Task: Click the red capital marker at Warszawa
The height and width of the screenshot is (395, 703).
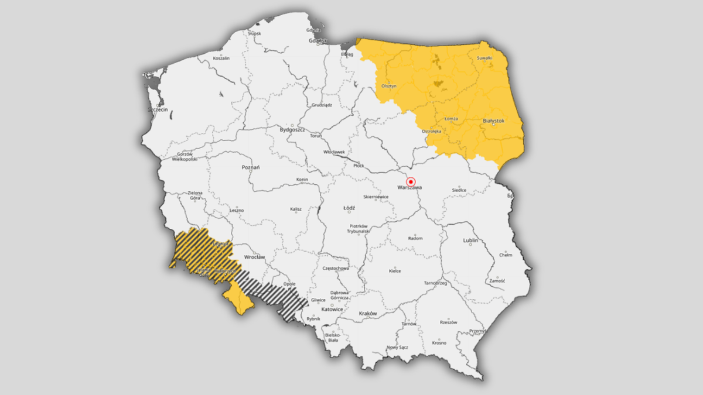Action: pos(411,181)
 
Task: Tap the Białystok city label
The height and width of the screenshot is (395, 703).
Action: pos(493,121)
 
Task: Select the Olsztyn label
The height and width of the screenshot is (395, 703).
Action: pos(389,85)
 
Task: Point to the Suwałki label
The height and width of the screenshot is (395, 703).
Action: pos(484,58)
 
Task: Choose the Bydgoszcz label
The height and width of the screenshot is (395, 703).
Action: pos(292,129)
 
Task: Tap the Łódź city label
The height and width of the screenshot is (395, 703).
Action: pos(349,208)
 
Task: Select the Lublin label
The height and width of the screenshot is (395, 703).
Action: pos(470,241)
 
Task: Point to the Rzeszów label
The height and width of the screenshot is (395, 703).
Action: pos(448,322)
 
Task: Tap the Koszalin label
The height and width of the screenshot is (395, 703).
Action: pos(221,59)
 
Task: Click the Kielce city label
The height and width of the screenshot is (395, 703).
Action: pos(395,271)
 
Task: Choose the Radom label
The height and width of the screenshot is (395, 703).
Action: pos(415,239)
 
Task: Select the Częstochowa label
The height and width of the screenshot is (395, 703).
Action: pos(336,269)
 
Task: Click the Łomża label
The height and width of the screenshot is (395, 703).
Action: pos(451,119)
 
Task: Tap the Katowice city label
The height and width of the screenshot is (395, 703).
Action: pos(332,309)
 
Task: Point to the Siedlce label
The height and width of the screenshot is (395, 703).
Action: pos(459,190)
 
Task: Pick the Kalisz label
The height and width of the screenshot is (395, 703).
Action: pos(295,209)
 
